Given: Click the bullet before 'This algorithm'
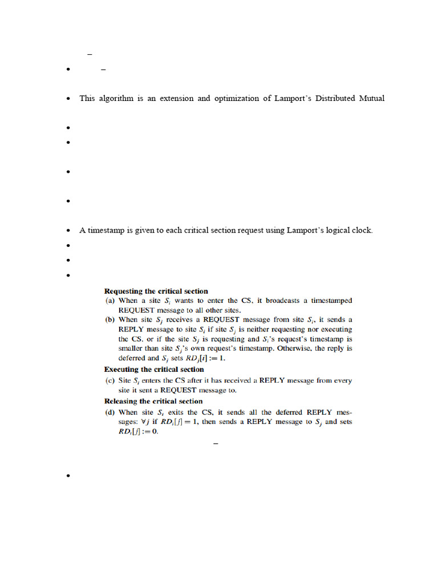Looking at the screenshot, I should (68, 99).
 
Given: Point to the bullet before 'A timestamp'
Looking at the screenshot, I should (68, 231).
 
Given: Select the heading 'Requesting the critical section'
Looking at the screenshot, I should (156, 291).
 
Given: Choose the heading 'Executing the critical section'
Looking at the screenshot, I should (154, 370).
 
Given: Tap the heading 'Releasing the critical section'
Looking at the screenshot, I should (153, 401).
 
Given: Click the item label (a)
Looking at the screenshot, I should (110, 301).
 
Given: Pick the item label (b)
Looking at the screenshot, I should (110, 320).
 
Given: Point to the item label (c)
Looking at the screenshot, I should (110, 380).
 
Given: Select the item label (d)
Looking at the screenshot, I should (110, 412).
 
